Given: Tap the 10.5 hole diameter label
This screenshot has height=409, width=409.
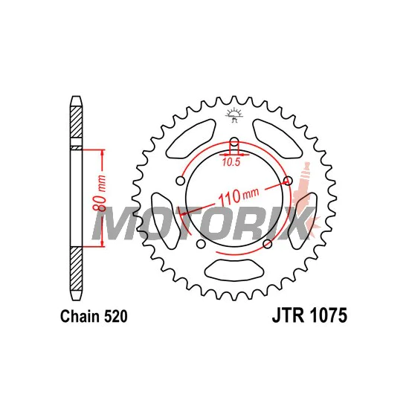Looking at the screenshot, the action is coord(231,162).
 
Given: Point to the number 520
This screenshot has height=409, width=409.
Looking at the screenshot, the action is coord(116,316).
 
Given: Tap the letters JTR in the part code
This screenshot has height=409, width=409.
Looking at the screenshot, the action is coord(289,315).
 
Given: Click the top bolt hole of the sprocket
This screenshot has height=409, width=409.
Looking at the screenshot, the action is coord(234,143).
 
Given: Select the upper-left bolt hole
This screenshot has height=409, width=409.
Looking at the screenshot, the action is coord(181,181).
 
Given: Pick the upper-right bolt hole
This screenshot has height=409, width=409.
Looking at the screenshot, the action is coord(288,180).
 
